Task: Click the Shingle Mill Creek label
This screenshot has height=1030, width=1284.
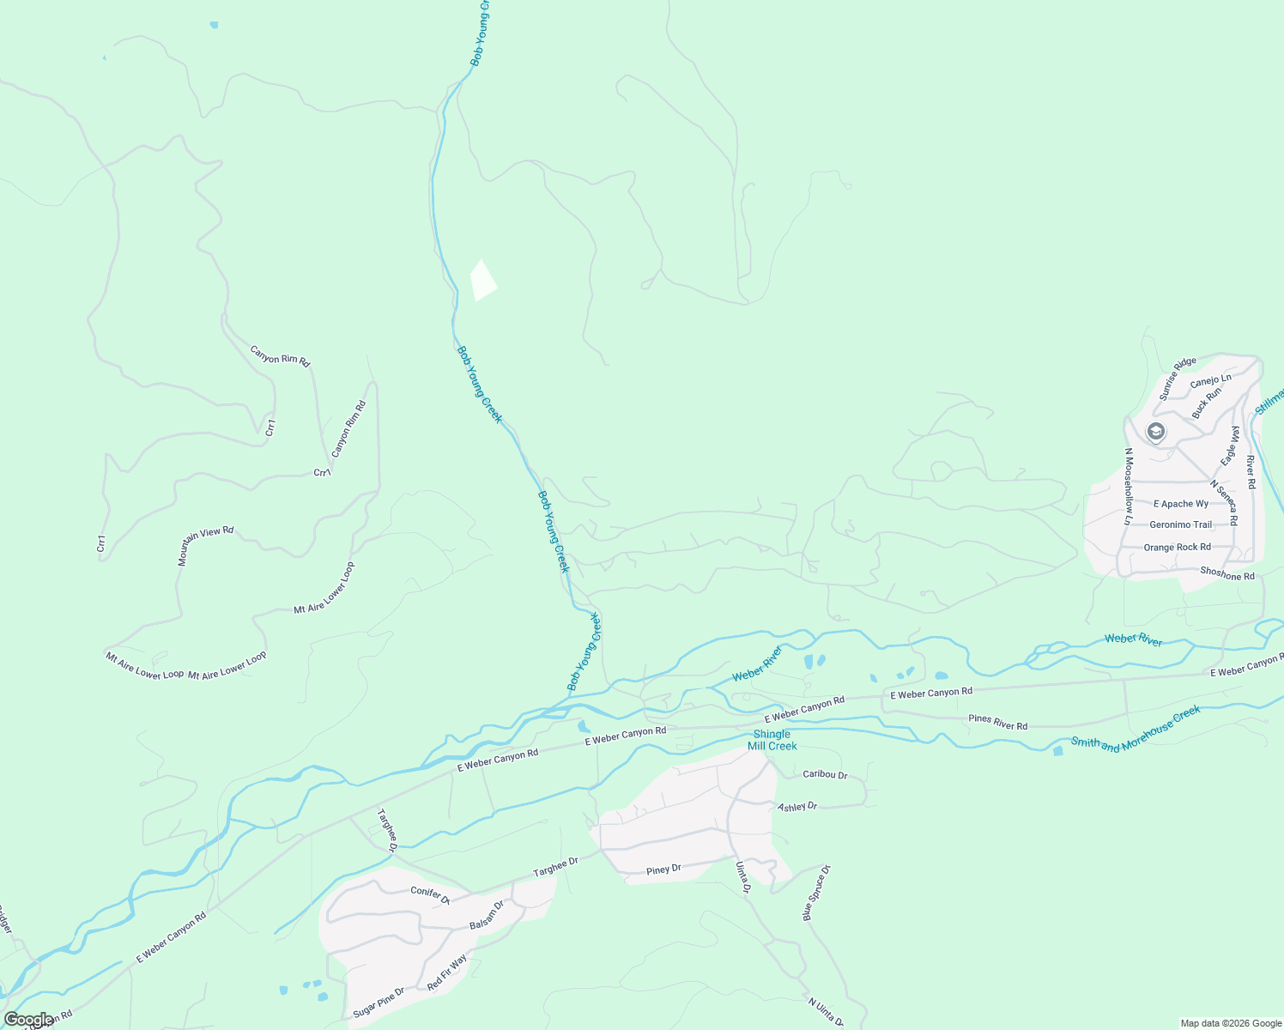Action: point(772,740)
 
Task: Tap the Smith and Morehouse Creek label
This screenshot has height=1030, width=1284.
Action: point(1136,730)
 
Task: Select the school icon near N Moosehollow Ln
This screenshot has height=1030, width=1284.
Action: point(1156,431)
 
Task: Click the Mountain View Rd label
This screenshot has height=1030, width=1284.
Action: point(205,546)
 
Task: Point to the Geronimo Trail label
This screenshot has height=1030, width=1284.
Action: point(1180,525)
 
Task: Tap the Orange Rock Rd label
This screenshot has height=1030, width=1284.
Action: point(1177,548)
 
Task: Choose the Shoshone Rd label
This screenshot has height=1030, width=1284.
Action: point(1227,573)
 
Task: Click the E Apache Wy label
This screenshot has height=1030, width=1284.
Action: point(1181,504)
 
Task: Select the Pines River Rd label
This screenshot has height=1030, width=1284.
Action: point(997,722)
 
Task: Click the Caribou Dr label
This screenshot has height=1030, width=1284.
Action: point(825,775)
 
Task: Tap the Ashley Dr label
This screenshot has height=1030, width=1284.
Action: point(797,807)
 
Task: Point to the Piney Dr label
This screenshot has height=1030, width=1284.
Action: point(663,870)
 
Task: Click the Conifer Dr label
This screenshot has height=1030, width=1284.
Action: point(430,895)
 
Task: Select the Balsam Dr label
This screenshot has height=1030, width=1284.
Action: point(487,915)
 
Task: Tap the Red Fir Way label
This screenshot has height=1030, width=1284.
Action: point(447,972)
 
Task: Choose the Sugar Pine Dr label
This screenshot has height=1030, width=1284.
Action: point(379,1003)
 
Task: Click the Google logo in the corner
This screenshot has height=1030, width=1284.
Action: point(29,1020)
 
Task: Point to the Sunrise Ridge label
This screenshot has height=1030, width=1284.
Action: point(1177,379)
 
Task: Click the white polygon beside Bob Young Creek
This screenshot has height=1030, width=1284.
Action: point(483,281)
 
